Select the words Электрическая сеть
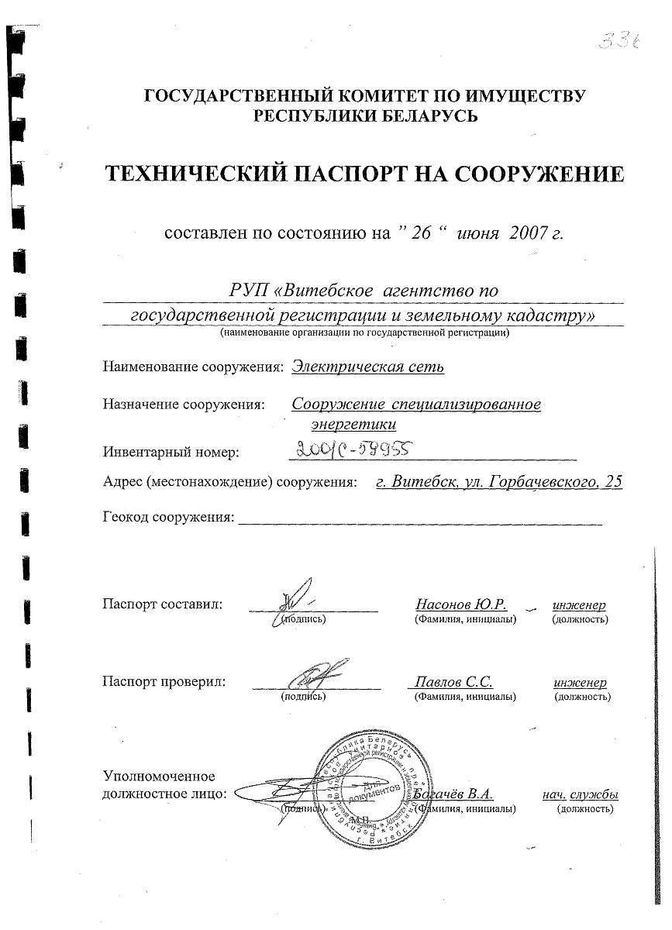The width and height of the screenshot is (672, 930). pyautogui.click(x=368, y=367)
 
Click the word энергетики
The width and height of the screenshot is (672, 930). pyautogui.click(x=353, y=424)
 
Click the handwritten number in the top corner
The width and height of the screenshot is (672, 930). pyautogui.click(x=617, y=40)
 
